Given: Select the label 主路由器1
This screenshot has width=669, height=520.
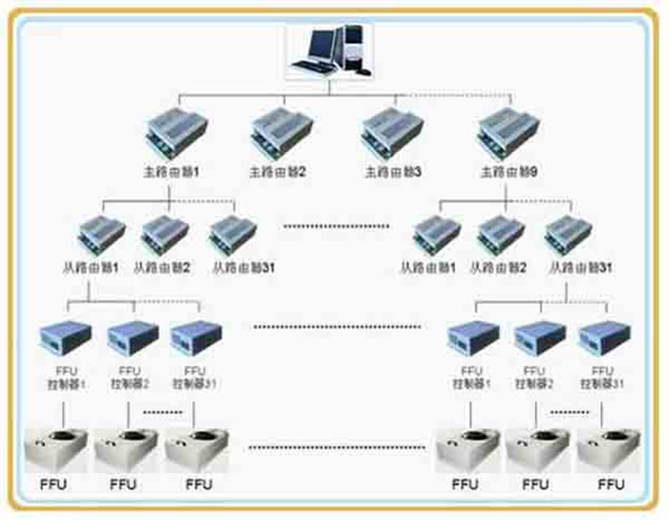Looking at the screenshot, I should pos(170,172).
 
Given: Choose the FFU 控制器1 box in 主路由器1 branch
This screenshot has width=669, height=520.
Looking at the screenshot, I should pos(65,336).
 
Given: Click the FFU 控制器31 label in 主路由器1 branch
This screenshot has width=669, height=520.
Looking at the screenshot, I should pos(194,377).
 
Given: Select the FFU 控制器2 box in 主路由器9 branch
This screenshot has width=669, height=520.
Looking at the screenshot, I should pos(539,336).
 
